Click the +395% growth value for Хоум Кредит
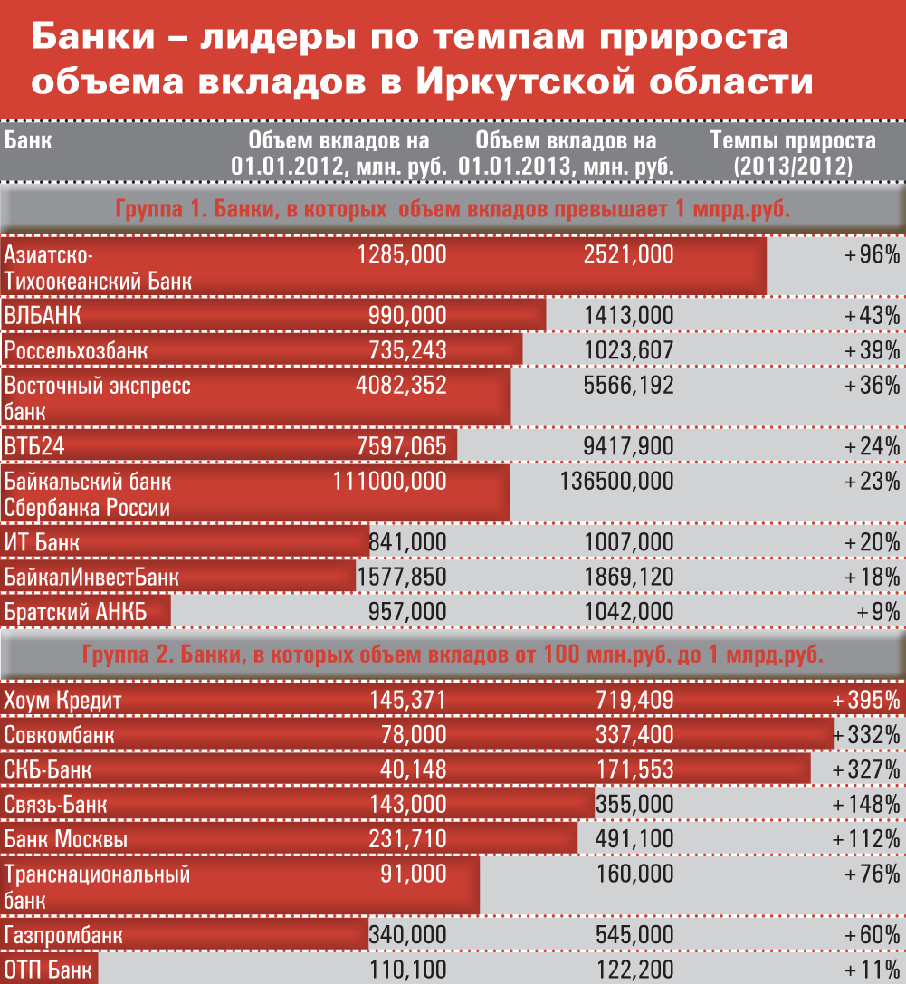pyautogui.click(x=866, y=701)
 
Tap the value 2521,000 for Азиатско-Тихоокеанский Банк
pyautogui.click(x=629, y=254)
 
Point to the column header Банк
pyautogui.click(x=28, y=141)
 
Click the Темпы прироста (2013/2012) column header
pyautogui.click(x=793, y=153)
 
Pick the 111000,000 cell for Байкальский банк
pyautogui.click(x=390, y=481)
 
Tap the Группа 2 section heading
pyautogui.click(x=453, y=654)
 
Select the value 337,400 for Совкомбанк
pyautogui.click(x=635, y=734)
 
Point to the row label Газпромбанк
pyautogui.click(x=63, y=935)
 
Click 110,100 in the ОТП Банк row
pyautogui.click(x=408, y=970)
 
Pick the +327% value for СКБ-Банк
pyautogui.click(x=867, y=769)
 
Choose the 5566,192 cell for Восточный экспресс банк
pyautogui.click(x=629, y=386)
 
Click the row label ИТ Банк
pyautogui.click(x=42, y=543)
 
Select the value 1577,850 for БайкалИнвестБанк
pyautogui.click(x=403, y=577)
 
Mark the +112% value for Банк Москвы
pyautogui.click(x=867, y=838)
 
